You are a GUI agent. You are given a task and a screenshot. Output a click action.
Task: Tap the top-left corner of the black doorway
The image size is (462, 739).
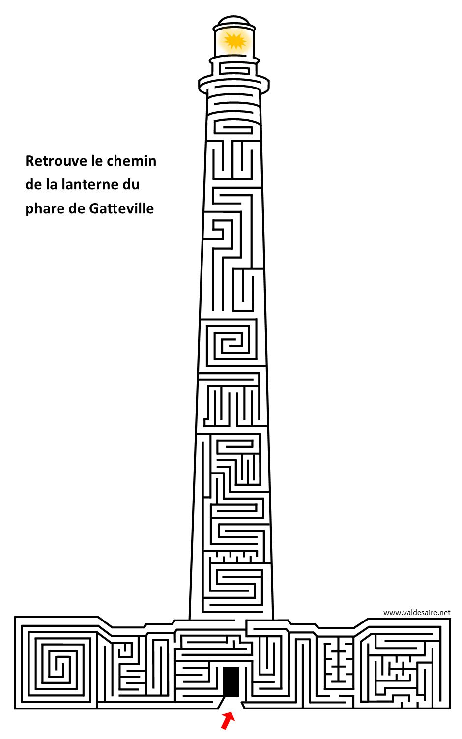224,667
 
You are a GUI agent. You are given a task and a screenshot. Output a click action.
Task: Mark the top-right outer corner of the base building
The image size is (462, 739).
450,618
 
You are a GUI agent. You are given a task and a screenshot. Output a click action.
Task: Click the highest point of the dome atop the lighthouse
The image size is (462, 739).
234,16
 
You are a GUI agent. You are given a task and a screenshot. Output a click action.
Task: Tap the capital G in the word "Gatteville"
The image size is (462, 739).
94,208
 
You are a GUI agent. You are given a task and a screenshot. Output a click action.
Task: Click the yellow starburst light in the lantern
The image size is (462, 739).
234,41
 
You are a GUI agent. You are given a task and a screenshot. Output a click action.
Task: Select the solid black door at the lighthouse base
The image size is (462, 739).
231,681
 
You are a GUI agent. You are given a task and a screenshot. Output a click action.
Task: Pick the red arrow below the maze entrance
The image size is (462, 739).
228,720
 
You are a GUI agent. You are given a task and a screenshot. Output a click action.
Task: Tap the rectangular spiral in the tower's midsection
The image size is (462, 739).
232,343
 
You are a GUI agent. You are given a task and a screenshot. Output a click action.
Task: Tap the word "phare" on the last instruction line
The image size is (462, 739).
45,209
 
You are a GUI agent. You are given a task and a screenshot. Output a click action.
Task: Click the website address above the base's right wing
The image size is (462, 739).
417,613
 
